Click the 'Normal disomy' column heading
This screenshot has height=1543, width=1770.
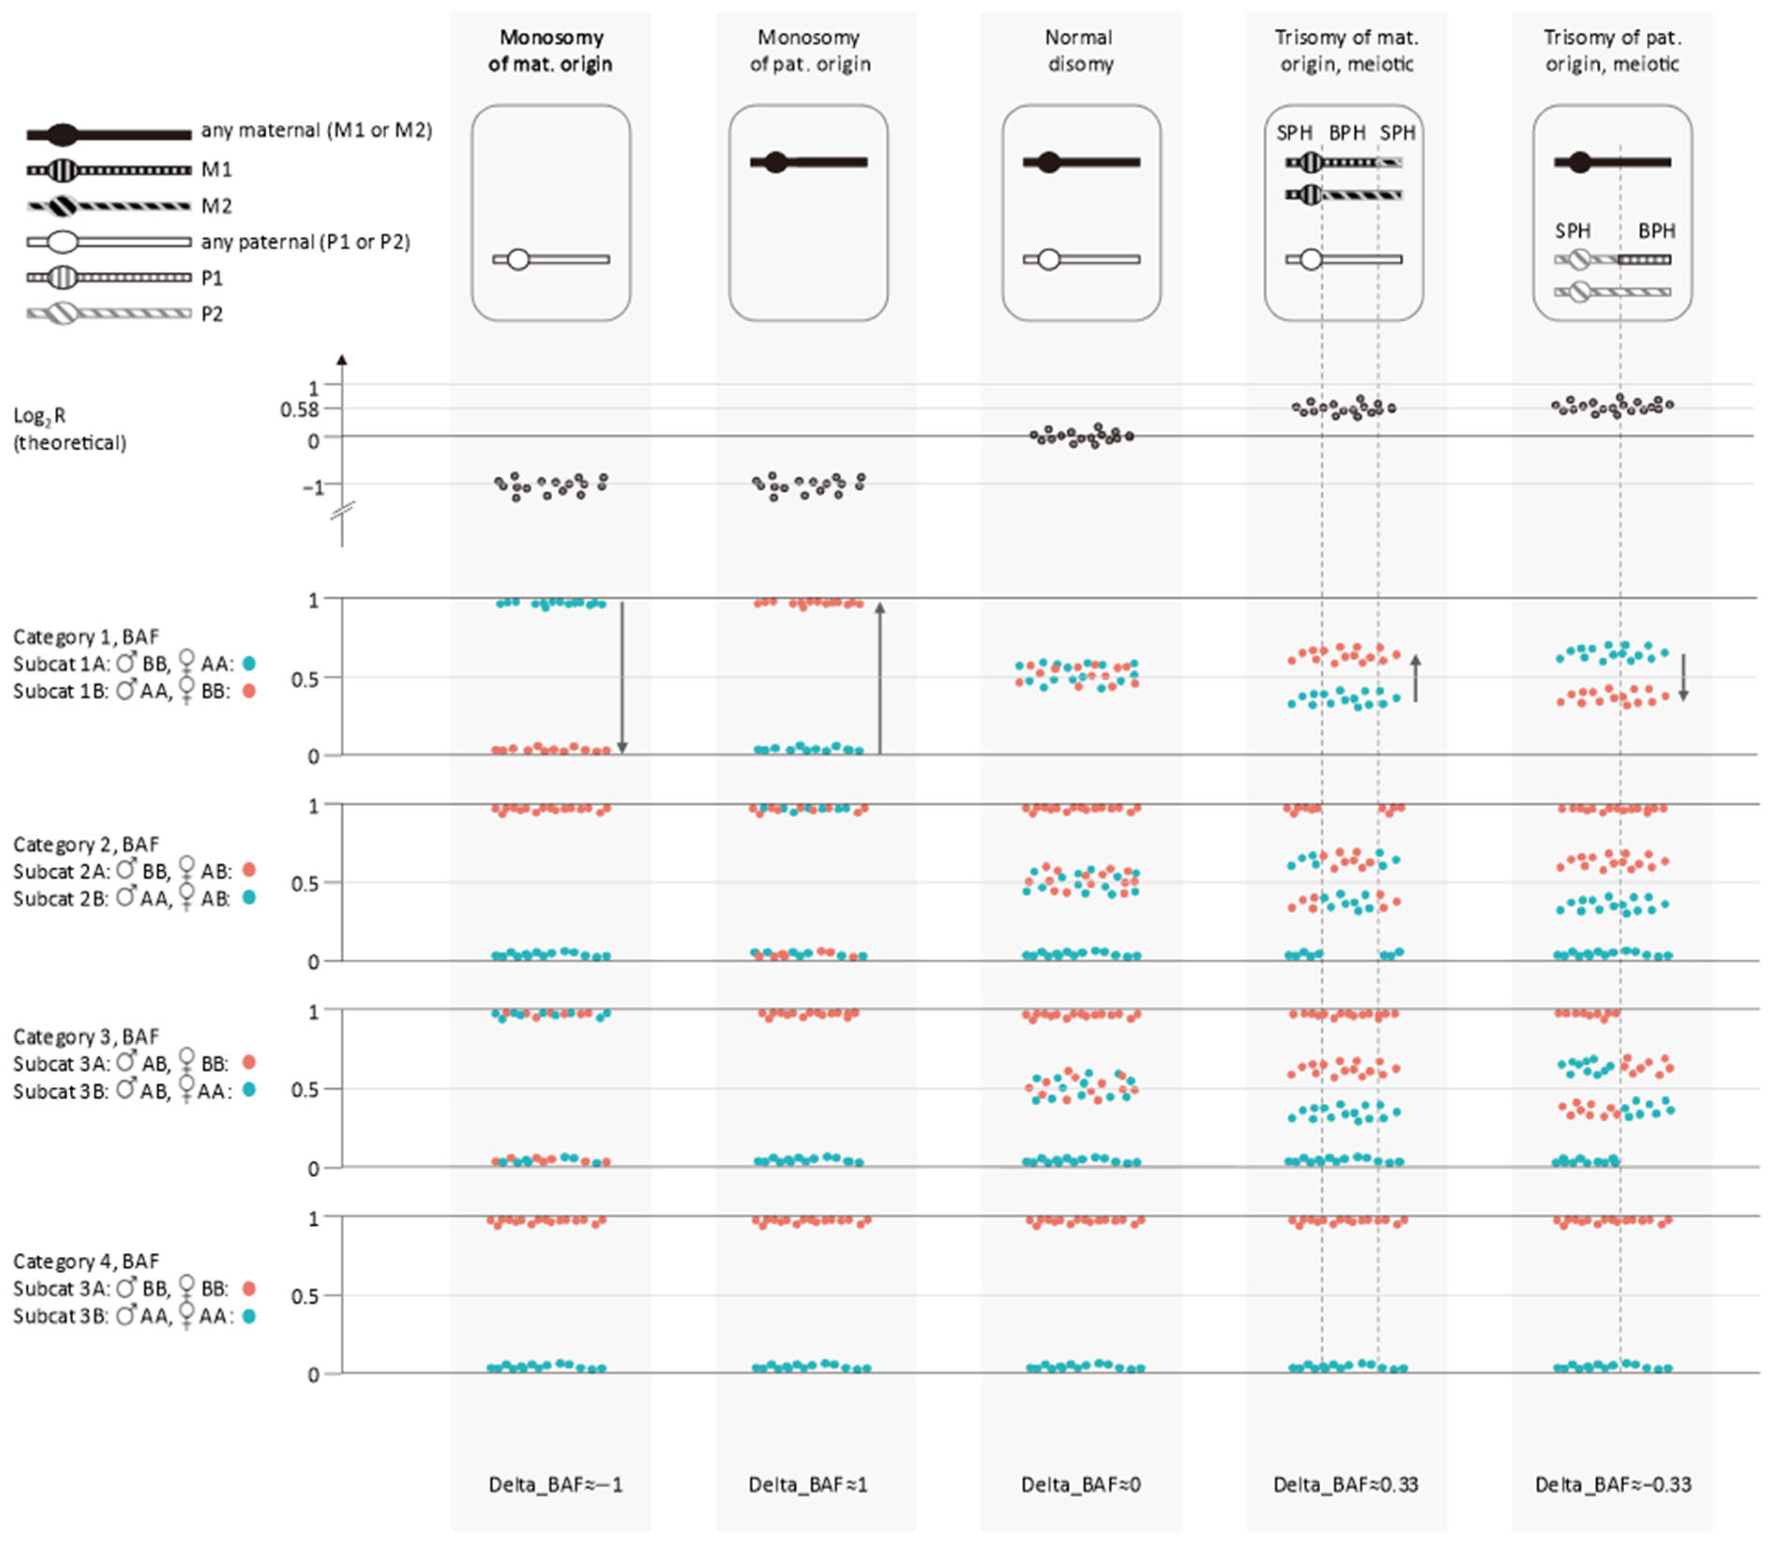(x=1079, y=51)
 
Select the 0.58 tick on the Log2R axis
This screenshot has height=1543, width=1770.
(x=300, y=410)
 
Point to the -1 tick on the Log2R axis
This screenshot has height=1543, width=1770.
(x=313, y=487)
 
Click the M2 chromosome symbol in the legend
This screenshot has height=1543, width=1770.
(x=108, y=206)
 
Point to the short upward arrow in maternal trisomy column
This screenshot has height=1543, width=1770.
(x=1416, y=677)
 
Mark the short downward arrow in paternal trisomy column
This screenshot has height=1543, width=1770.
(x=1683, y=677)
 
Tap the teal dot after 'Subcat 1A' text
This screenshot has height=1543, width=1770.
(x=249, y=664)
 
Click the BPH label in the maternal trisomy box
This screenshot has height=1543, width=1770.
(x=1347, y=133)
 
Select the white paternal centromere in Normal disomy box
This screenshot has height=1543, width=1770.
(x=1048, y=259)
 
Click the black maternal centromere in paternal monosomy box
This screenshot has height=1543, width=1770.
(x=776, y=162)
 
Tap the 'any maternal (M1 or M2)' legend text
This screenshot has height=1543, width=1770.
(x=316, y=130)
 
